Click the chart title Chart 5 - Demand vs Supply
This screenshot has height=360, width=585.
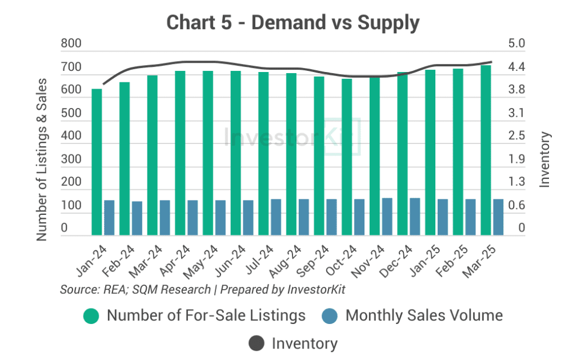pos(292,22)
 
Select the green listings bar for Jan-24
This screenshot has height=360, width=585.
pos(97,162)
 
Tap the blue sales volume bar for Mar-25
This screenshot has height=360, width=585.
pos(498,217)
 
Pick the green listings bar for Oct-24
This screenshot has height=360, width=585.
pos(347,157)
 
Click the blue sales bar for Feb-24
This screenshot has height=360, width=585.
pos(137,218)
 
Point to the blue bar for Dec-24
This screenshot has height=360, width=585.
pos(415,217)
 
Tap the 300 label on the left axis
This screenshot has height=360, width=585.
pos(71,159)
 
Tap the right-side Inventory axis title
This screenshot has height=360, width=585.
pos(545,159)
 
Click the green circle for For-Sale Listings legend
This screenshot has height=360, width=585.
pos(91,315)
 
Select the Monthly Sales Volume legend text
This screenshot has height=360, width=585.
pos(424,315)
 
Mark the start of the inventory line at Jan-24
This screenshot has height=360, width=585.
pos(103,84)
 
